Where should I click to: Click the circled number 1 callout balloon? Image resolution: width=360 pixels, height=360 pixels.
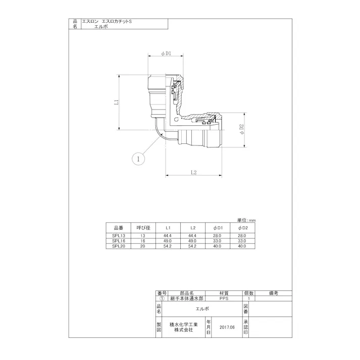pos(138,159)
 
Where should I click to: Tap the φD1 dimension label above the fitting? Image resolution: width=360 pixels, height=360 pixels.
pos(166,54)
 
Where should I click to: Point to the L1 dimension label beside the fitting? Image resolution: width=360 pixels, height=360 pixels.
pos(117,102)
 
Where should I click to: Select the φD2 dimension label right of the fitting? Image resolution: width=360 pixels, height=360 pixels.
pos(241,129)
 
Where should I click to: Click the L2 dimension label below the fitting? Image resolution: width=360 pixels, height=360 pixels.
pos(194,172)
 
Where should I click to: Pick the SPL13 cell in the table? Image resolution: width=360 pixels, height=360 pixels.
pos(119,236)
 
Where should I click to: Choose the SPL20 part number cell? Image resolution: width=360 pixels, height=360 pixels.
pos(119,246)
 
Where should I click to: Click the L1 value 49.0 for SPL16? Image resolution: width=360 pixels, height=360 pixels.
pos(167,241)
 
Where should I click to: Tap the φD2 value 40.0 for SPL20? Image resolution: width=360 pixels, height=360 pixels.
pos(242,246)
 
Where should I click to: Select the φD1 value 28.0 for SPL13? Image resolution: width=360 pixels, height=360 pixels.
pos(217,236)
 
